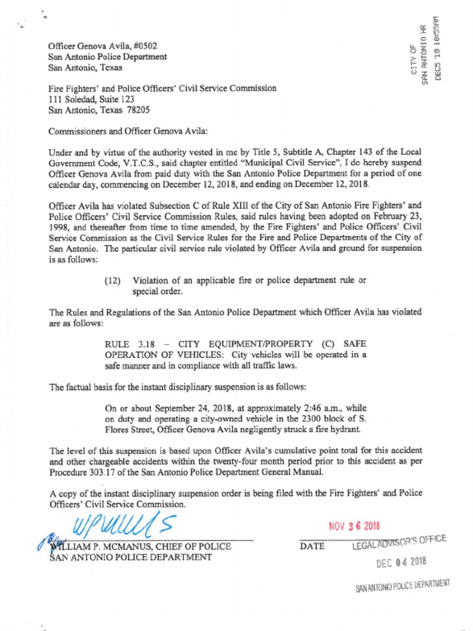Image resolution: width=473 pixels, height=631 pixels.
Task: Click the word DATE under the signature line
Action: click(312, 546)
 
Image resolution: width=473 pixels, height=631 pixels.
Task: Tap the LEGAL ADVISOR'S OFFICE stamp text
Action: click(399, 542)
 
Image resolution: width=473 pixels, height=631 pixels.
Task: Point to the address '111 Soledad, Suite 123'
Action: click(92, 99)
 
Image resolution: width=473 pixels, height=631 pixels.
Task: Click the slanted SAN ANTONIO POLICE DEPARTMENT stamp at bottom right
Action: click(403, 586)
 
